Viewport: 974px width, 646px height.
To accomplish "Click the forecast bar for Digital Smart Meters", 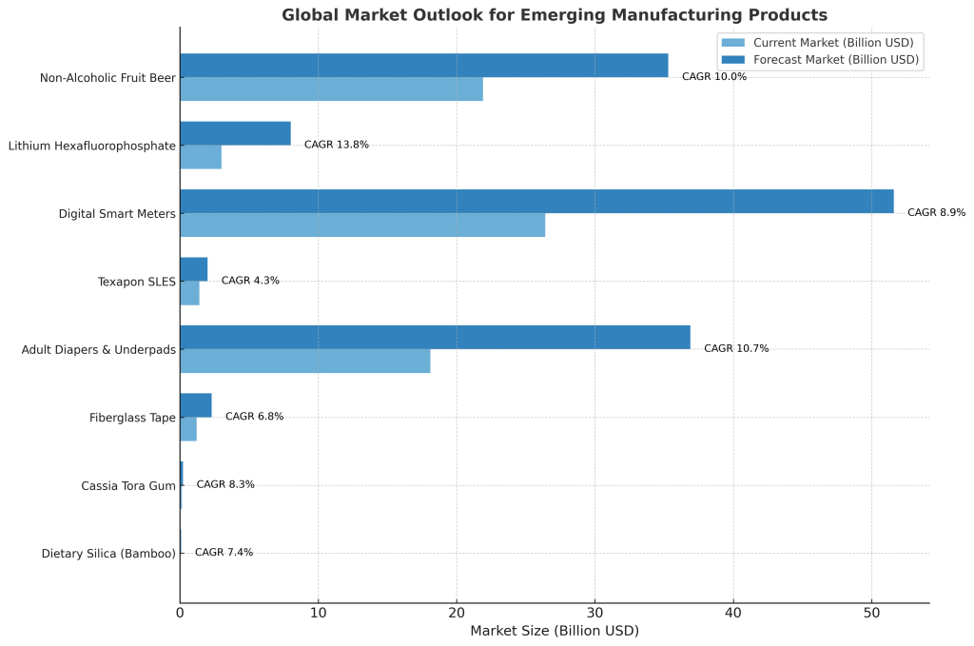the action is pyautogui.click(x=536, y=202).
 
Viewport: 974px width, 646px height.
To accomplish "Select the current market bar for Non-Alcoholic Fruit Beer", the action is pyautogui.click(x=332, y=88).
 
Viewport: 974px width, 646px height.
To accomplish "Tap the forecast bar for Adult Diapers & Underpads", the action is pyautogui.click(x=436, y=338).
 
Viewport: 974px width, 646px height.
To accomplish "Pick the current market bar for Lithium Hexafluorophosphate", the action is pyautogui.click(x=201, y=157).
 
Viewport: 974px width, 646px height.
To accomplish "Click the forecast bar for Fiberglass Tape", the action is pyautogui.click(x=196, y=405).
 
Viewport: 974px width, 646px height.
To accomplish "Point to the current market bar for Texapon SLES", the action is pyautogui.click(x=189, y=293).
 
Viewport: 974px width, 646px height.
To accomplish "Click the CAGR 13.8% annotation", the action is pyautogui.click(x=337, y=145).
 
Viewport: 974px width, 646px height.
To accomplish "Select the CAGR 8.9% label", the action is pyautogui.click(x=937, y=212).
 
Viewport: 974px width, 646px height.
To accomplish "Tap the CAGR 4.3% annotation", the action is pyautogui.click(x=250, y=281).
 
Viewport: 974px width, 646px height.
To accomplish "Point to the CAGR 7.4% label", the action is pyautogui.click(x=224, y=552).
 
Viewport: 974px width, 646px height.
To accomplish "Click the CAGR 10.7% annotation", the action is pyautogui.click(x=736, y=348).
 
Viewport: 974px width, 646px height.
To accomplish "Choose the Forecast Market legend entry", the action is pyautogui.click(x=820, y=60).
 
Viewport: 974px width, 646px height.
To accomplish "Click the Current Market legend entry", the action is pyautogui.click(x=817, y=43).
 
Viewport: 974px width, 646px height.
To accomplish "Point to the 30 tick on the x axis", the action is pyautogui.click(x=595, y=613).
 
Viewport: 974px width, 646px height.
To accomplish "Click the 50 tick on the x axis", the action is pyautogui.click(x=871, y=613).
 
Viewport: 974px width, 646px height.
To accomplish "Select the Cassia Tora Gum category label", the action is pyautogui.click(x=128, y=486).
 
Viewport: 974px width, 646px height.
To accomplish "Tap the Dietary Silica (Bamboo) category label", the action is pyautogui.click(x=108, y=554).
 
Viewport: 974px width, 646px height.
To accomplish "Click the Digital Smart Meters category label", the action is pyautogui.click(x=117, y=214).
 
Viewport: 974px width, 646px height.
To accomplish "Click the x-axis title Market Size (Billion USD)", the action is pyautogui.click(x=555, y=631).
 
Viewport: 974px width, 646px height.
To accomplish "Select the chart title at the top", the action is pyautogui.click(x=555, y=15).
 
